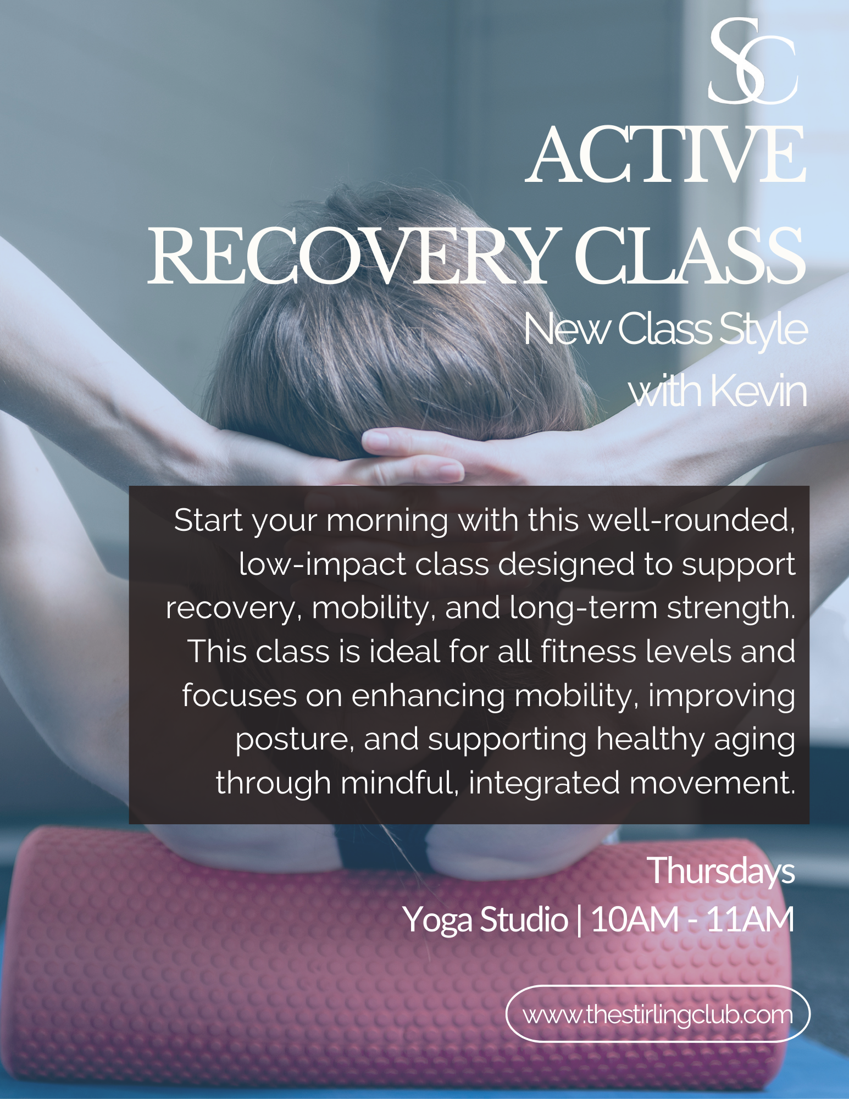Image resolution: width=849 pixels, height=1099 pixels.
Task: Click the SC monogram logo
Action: (753, 62)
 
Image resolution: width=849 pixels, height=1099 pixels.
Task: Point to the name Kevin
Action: (758, 391)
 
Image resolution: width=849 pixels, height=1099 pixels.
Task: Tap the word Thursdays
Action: (722, 871)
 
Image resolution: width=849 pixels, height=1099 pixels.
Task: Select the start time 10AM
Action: (635, 919)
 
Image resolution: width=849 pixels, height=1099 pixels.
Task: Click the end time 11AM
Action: (750, 919)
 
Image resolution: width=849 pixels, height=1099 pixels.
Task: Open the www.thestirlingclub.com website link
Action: (658, 1014)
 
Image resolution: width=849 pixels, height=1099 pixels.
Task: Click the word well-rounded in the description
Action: (692, 520)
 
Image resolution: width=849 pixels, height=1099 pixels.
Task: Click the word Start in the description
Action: (208, 520)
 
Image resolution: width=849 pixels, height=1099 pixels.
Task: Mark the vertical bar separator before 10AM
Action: (579, 919)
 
